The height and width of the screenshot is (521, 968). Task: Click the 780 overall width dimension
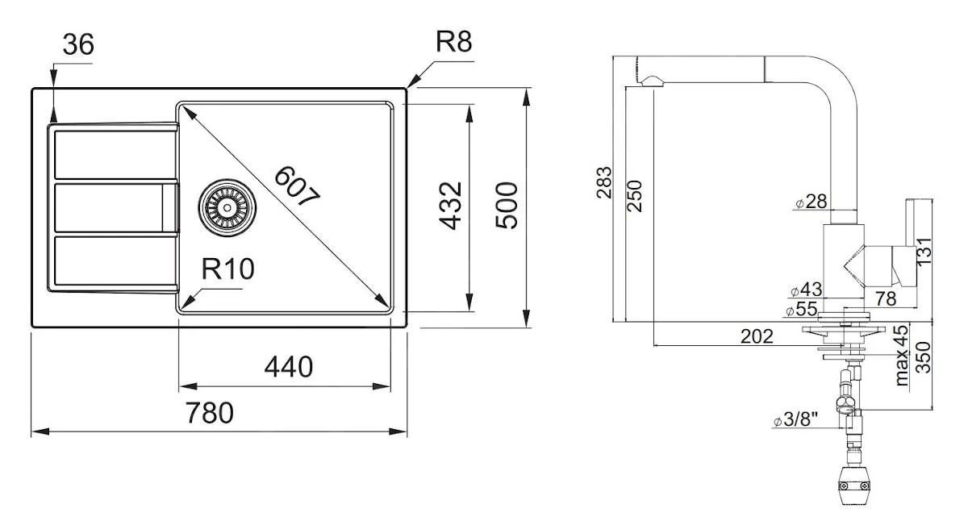(x=210, y=413)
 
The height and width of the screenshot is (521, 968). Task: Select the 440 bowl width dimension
(x=289, y=368)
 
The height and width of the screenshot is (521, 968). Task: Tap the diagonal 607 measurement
(x=297, y=188)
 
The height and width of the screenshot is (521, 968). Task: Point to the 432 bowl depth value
(x=453, y=205)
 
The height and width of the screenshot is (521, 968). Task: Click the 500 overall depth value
(x=507, y=205)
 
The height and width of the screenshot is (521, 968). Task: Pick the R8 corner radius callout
(x=453, y=43)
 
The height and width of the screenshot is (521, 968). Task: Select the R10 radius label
(x=227, y=270)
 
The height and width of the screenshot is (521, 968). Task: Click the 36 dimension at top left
(x=77, y=44)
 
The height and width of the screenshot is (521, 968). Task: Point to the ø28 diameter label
(x=812, y=202)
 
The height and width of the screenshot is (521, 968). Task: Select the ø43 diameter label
(x=806, y=290)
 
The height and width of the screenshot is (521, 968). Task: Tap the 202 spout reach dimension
(x=757, y=336)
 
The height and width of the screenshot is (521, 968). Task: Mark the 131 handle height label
(x=924, y=251)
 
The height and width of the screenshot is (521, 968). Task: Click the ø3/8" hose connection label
(x=795, y=420)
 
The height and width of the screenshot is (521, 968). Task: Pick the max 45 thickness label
(x=903, y=355)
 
